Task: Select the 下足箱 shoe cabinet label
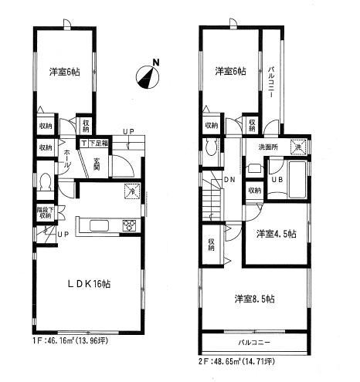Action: pyautogui.click(x=97, y=143)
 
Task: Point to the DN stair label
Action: pyautogui.click(x=229, y=181)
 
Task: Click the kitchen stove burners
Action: pyautogui.click(x=127, y=225)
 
